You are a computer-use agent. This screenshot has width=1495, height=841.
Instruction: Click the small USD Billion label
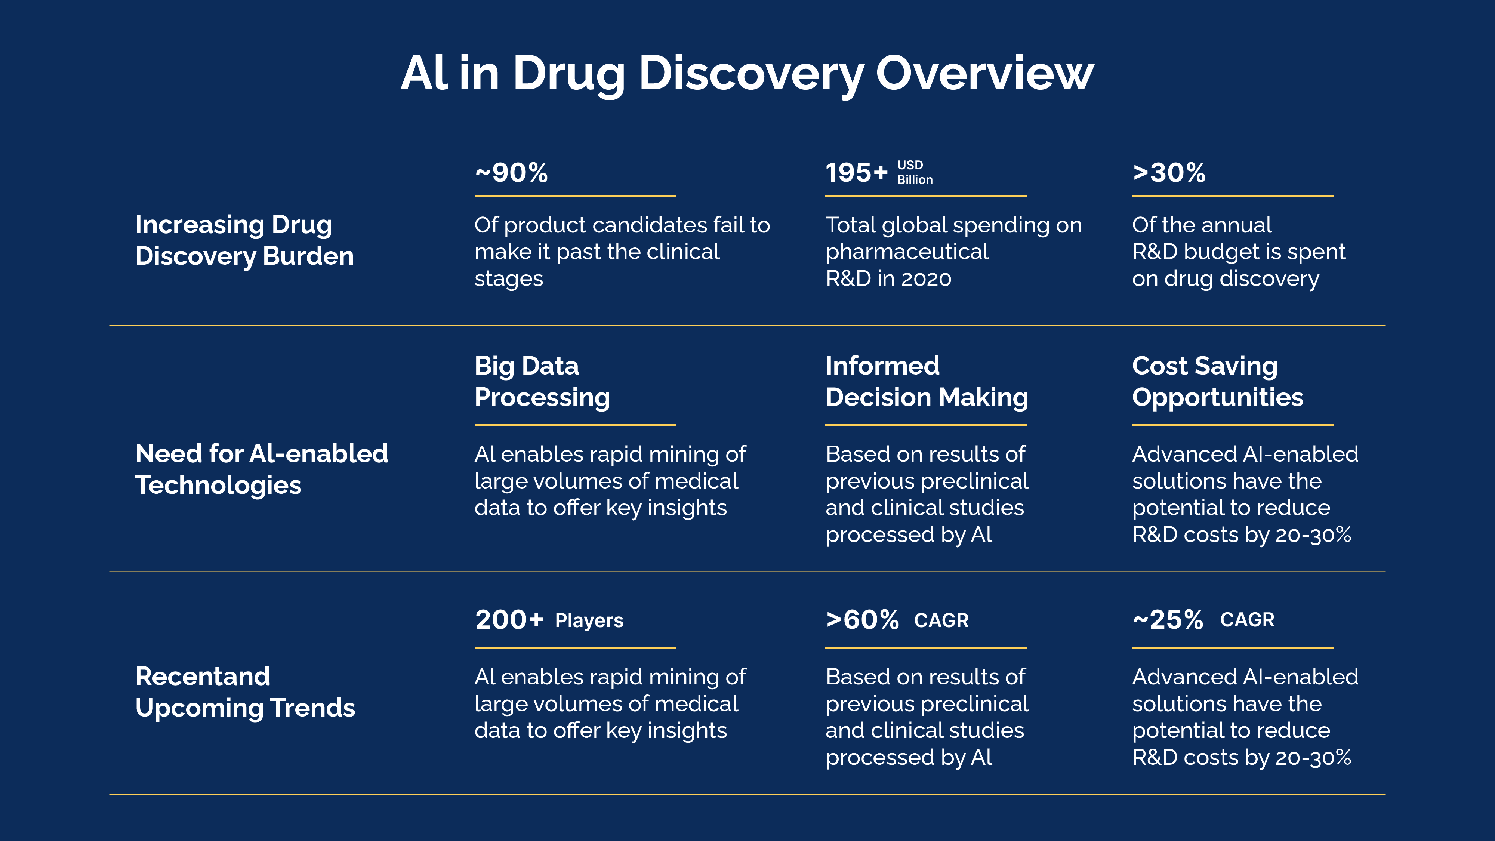pos(915,172)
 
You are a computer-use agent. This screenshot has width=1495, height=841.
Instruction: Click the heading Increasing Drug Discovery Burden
pos(244,240)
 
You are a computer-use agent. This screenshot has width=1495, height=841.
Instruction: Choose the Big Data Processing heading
pos(542,381)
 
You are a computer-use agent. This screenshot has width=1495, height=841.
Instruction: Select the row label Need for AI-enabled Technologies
pos(261,469)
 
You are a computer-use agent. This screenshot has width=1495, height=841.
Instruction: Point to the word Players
pos(589,620)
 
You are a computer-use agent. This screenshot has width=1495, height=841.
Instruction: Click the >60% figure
pos(862,620)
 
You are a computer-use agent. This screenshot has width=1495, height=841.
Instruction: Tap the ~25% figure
pos(1168,620)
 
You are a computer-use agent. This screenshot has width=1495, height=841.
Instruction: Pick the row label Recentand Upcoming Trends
pos(245,692)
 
